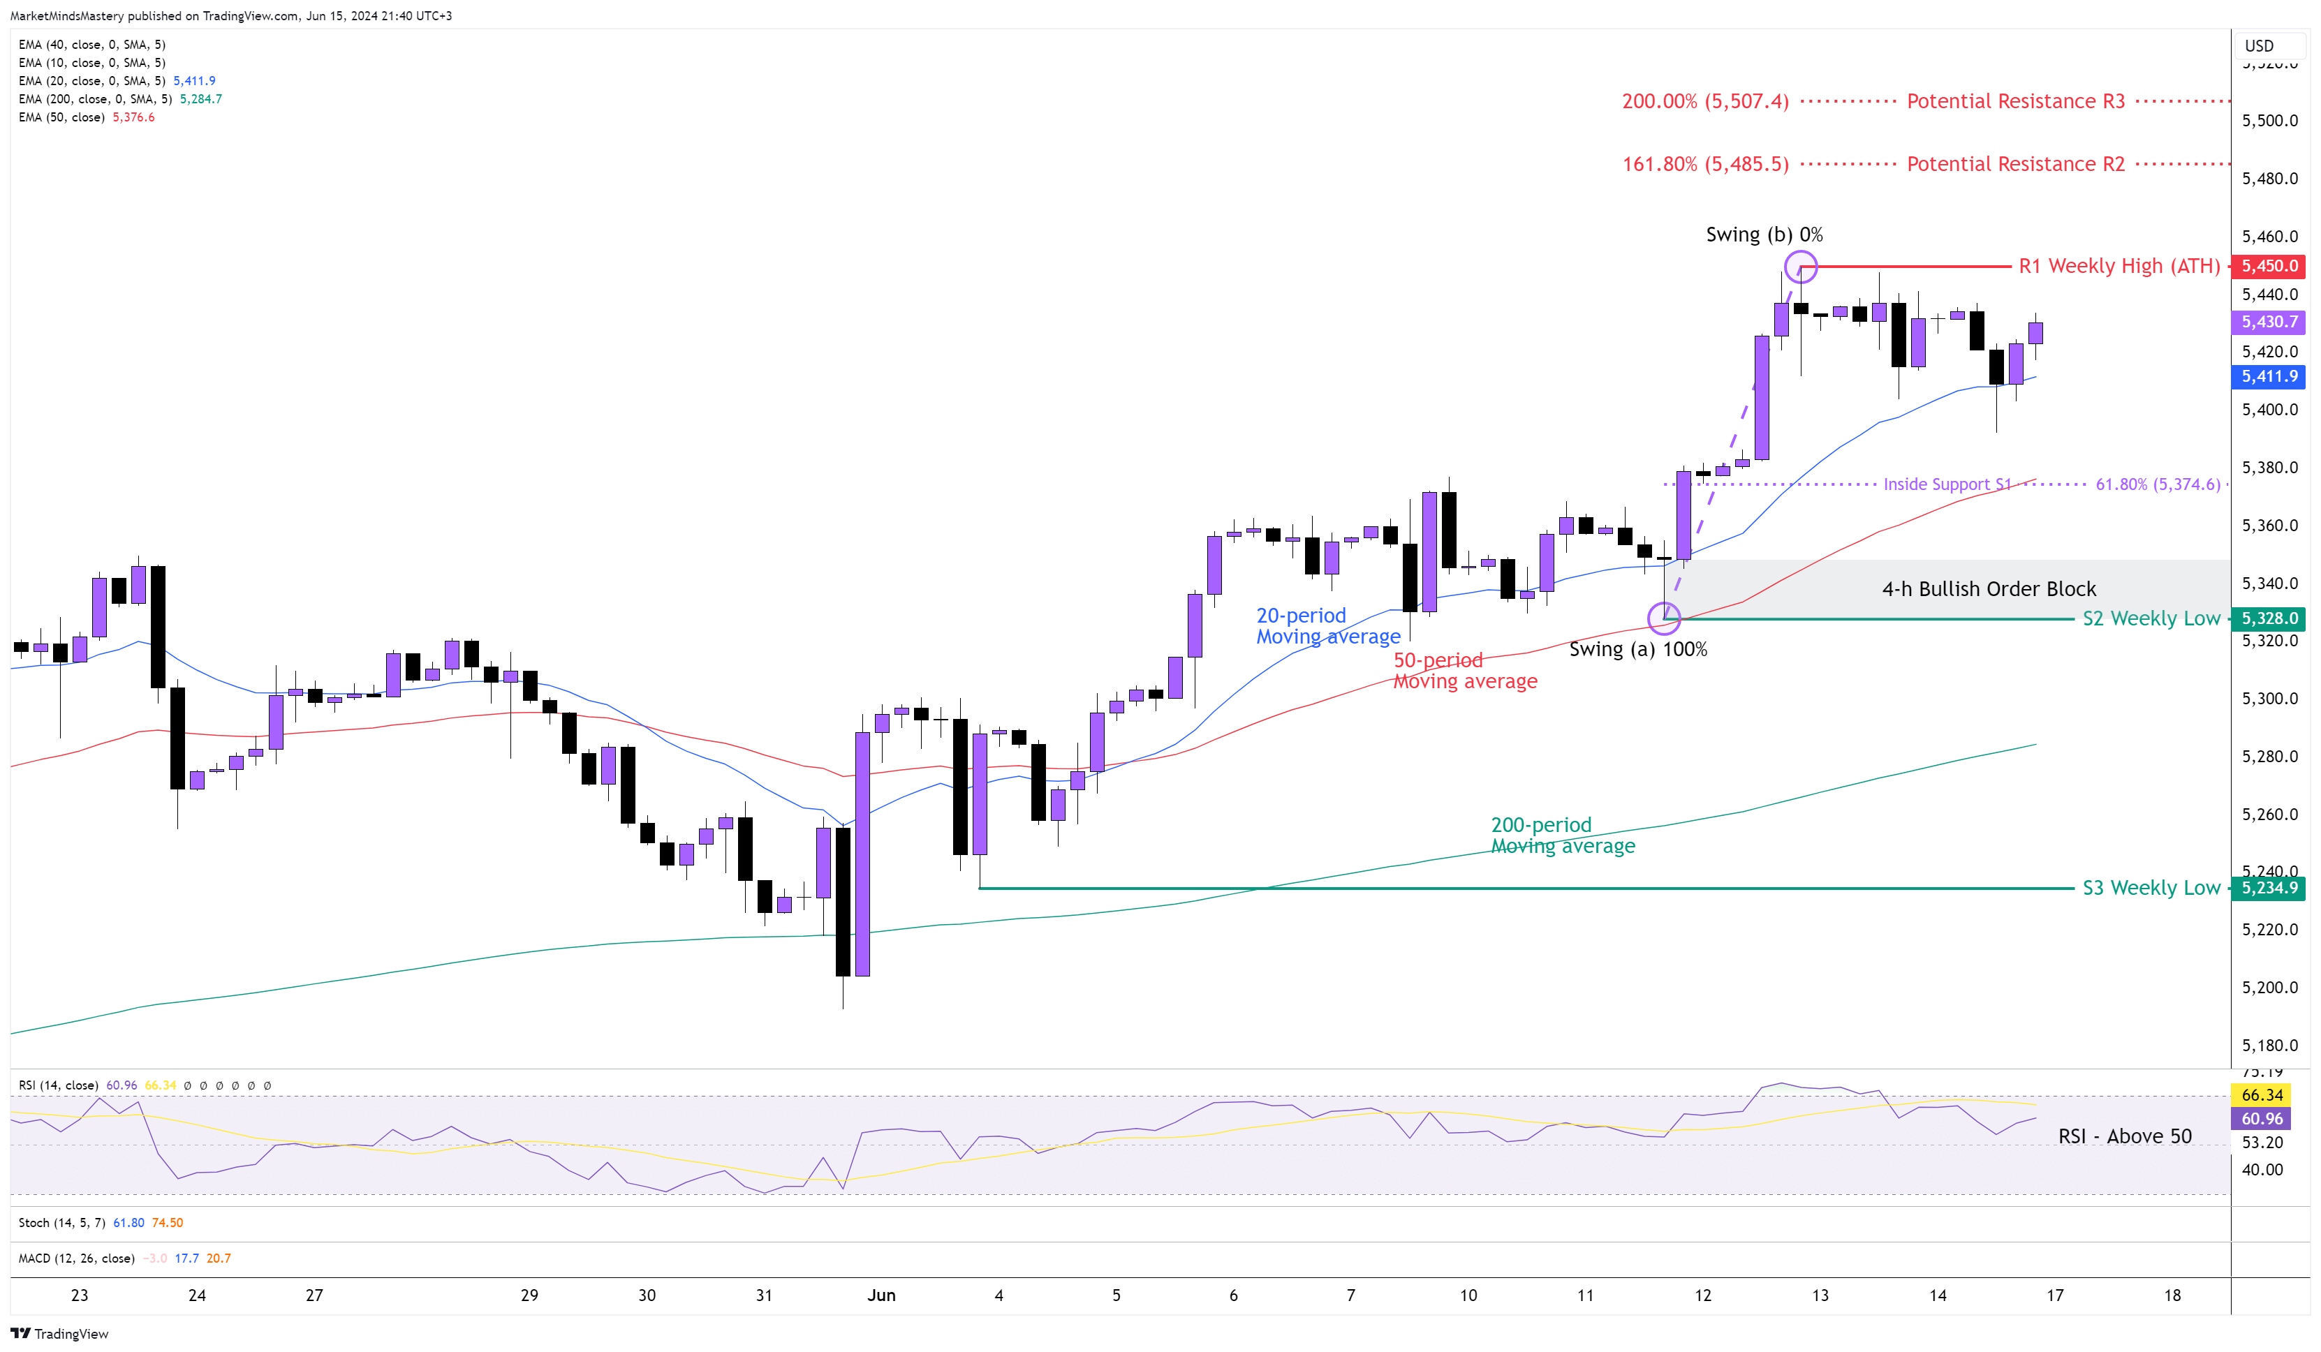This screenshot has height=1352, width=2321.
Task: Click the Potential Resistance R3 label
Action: (2015, 101)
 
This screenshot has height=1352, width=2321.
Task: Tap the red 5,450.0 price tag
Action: (2269, 266)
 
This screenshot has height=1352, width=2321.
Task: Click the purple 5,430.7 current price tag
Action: (2269, 322)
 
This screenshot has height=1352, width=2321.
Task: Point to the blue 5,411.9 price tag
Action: (2269, 377)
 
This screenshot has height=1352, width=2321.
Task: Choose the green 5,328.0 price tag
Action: (2269, 619)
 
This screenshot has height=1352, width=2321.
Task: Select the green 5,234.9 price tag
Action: (2269, 888)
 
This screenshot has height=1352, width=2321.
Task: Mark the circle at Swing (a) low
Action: (1663, 618)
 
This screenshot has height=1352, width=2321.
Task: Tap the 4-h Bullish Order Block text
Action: (1989, 589)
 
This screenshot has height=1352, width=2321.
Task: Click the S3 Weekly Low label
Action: (2151, 888)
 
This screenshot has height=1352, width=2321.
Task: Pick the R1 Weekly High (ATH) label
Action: (2119, 266)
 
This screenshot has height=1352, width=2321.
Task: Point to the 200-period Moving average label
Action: (1562, 835)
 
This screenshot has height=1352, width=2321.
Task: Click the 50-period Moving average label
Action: (1464, 671)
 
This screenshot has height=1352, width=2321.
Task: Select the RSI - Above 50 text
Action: (2124, 1136)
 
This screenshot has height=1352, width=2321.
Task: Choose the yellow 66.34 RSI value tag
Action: (2262, 1095)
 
